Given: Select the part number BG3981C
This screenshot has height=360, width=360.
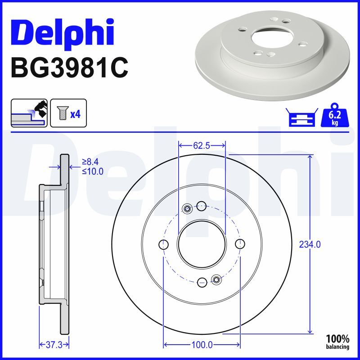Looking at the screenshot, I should pos(69,68).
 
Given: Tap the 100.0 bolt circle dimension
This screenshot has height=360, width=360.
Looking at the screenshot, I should pos(202,345).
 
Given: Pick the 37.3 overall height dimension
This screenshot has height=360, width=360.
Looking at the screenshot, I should pos(53,345).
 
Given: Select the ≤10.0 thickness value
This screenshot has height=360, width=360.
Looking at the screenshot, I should pos(92,171).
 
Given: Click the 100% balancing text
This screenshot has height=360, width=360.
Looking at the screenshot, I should pos(337,342).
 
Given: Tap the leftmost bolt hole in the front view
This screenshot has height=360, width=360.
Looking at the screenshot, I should pos(164,244).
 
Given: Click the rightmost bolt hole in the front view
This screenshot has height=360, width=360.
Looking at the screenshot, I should pos(240,244).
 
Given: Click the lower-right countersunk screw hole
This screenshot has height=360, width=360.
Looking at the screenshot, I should pos(216,280).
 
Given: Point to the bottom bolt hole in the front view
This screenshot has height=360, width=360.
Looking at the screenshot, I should pos(202,282).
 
